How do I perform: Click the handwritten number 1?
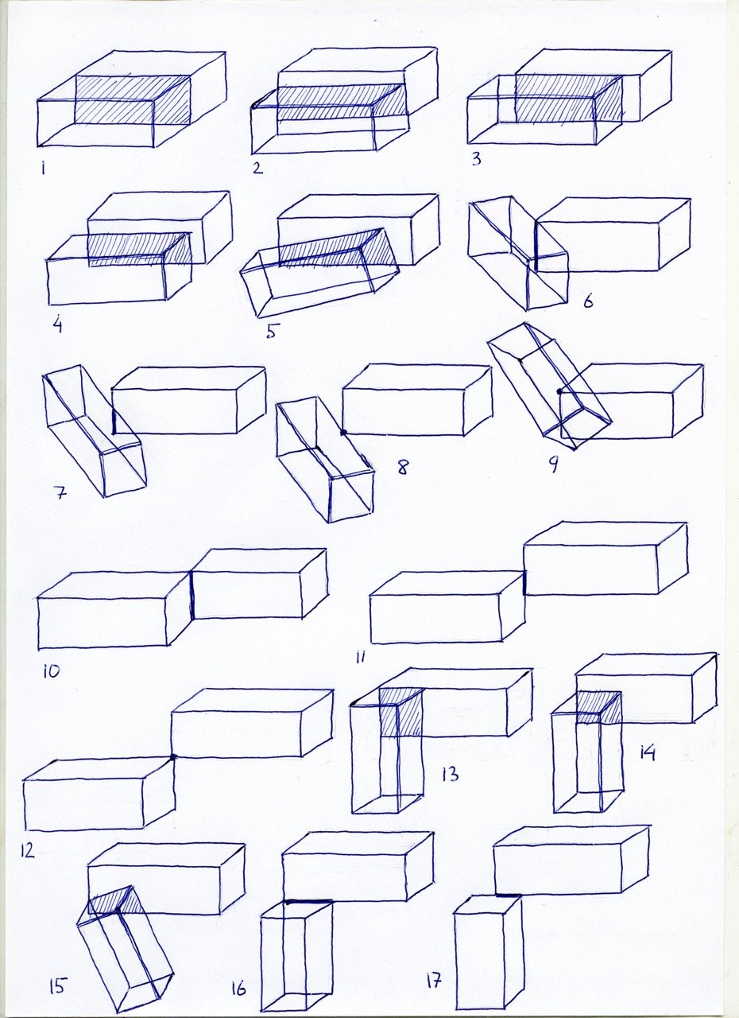[43, 169]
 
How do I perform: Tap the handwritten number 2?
[257, 168]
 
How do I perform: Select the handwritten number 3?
[476, 160]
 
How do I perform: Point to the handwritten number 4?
[57, 324]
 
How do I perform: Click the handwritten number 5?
[271, 331]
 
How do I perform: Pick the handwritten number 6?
[588, 301]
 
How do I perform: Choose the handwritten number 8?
[403, 467]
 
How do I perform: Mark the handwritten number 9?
[553, 464]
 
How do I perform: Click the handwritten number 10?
[52, 670]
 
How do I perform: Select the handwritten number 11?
[361, 657]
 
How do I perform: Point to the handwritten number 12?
[27, 850]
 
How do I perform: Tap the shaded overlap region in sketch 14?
[598, 708]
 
